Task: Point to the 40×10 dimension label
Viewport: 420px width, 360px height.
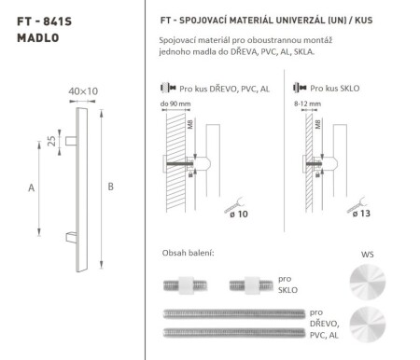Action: tap(83, 90)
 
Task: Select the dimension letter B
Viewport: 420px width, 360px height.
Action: tap(111, 187)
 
